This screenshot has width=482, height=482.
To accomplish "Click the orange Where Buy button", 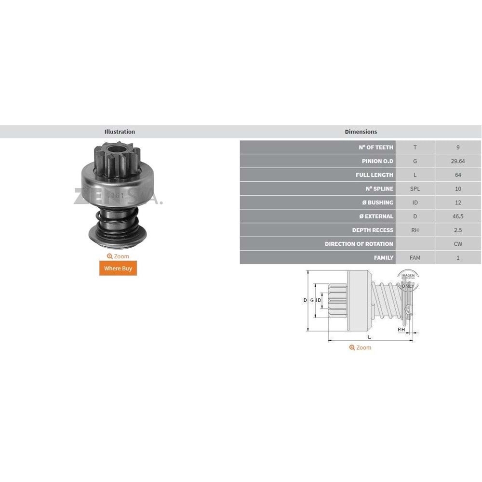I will pyautogui.click(x=118, y=268).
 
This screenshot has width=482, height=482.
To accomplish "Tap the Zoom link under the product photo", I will pyautogui.click(x=118, y=256).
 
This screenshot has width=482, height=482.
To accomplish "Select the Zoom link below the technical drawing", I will pyautogui.click(x=361, y=348).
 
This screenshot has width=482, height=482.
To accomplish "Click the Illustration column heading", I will pyautogui.click(x=120, y=132).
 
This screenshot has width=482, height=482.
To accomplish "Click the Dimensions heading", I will pyautogui.click(x=361, y=132).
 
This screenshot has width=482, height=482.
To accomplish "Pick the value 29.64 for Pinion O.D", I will pyautogui.click(x=457, y=161).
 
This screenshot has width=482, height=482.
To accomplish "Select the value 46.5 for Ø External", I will pyautogui.click(x=457, y=216).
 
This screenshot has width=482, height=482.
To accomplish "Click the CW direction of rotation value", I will pyautogui.click(x=457, y=244).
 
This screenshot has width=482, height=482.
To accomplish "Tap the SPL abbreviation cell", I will pyautogui.click(x=415, y=189).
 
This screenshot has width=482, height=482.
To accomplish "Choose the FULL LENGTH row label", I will pyautogui.click(x=374, y=175).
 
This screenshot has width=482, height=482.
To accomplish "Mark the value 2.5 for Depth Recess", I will pyautogui.click(x=457, y=230).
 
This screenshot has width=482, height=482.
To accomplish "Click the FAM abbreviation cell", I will pyautogui.click(x=415, y=258).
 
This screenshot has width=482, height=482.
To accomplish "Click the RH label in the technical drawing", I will pyautogui.click(x=401, y=330).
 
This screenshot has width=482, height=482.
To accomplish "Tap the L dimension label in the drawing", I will pyautogui.click(x=369, y=336).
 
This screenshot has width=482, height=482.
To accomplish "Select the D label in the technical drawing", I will pyautogui.click(x=305, y=300).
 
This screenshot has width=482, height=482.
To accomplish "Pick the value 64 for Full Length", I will pyautogui.click(x=457, y=175).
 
